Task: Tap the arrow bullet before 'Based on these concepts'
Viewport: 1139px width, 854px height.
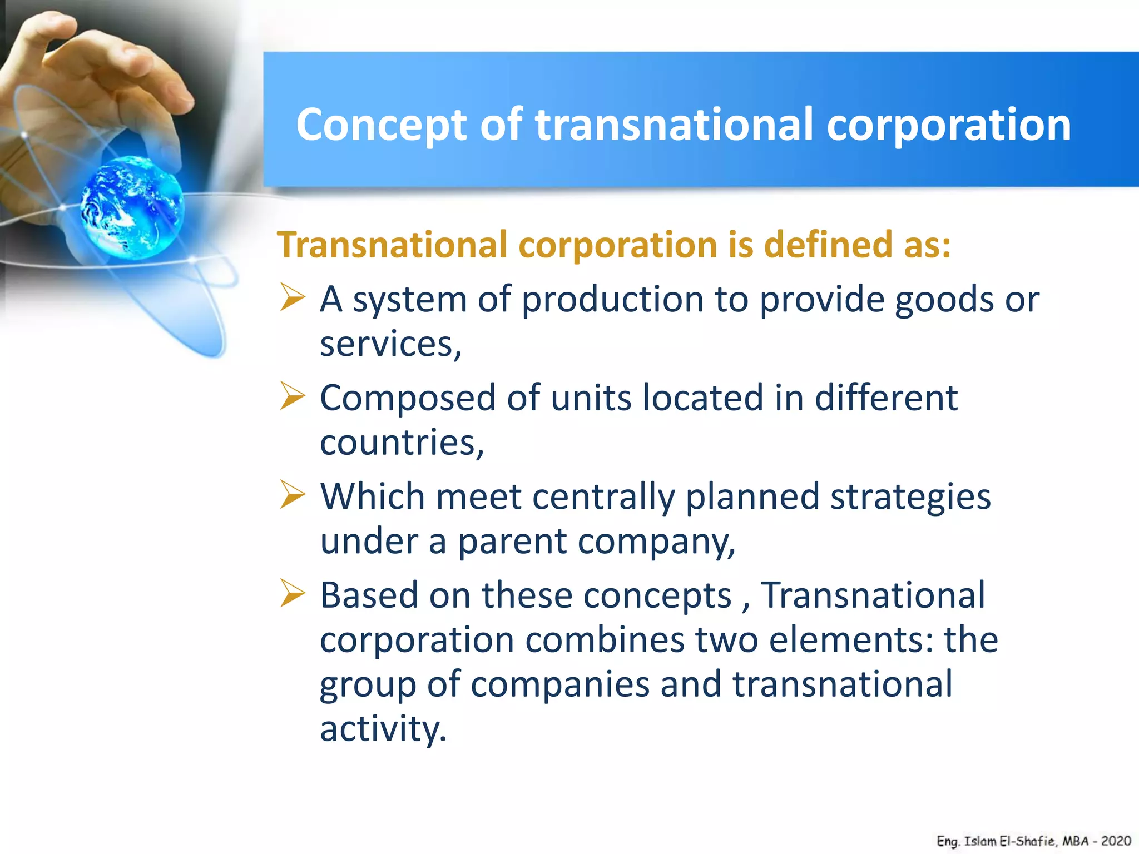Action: point(293,593)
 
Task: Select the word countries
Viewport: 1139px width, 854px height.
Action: point(401,443)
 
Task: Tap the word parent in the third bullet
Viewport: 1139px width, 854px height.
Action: point(512,542)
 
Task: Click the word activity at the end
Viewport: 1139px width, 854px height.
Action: point(383,729)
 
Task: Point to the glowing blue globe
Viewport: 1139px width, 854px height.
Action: point(132,207)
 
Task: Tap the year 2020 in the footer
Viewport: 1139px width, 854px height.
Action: point(1116,841)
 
